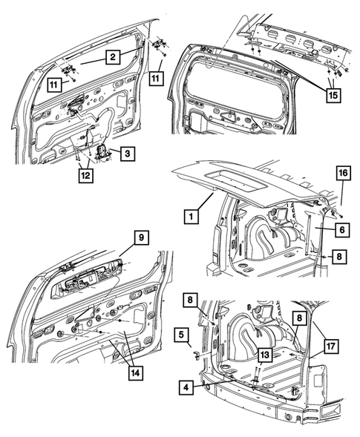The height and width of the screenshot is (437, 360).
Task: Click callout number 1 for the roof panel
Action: point(191,217)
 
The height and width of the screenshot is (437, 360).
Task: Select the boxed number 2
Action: point(112,56)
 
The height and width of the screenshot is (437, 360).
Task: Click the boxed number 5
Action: point(180,335)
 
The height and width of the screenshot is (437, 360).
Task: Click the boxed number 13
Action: point(262,355)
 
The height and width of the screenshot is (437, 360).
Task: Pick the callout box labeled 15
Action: point(334,96)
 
